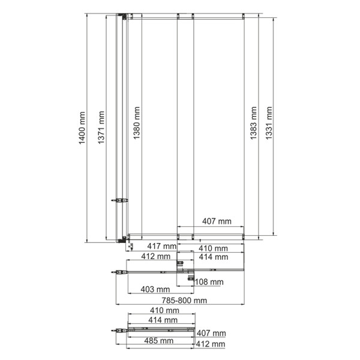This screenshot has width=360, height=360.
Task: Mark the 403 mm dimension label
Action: tap(154, 290)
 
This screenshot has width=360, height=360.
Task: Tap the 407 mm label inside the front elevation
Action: tap(217, 221)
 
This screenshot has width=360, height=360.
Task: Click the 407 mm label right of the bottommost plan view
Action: tap(211, 333)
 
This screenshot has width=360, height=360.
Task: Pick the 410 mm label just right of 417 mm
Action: tap(213, 248)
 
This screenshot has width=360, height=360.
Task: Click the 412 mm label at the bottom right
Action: tap(210, 344)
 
